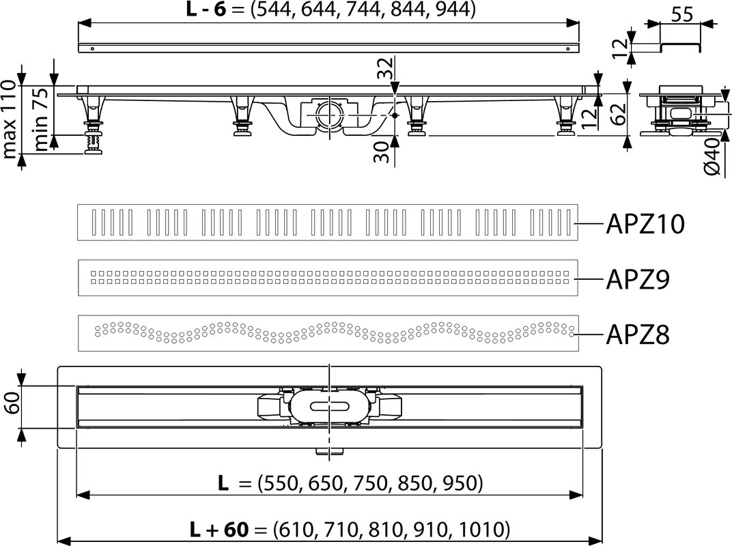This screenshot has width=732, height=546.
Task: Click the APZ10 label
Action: (x=645, y=224)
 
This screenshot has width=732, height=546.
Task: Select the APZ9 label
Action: (x=638, y=280)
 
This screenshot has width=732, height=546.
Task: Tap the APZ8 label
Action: (x=638, y=335)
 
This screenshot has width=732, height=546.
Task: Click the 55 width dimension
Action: (x=683, y=15)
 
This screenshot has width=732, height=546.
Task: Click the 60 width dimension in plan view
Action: (x=12, y=402)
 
